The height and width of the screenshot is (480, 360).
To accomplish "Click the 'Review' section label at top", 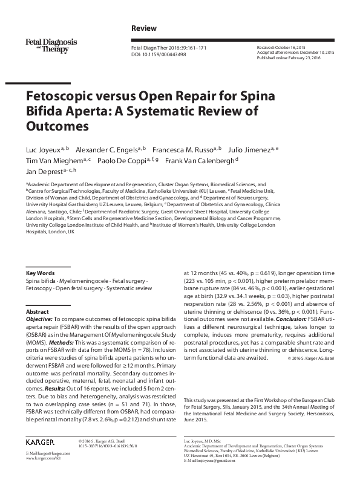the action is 143,28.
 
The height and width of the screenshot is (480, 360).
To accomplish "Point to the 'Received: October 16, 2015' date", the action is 283,47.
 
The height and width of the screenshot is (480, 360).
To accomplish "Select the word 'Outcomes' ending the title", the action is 56,126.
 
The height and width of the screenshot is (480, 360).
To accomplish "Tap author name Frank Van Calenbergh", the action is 201,160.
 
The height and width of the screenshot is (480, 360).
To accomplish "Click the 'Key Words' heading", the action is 40,273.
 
